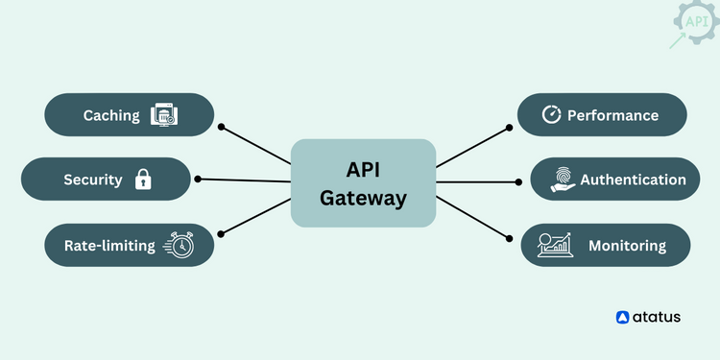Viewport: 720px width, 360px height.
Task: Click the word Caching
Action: tap(111, 116)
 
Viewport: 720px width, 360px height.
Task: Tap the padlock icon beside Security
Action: tap(143, 180)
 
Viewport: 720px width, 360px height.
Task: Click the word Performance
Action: tap(612, 115)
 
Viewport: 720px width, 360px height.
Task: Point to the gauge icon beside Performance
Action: tap(551, 115)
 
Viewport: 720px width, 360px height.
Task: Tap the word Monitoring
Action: tap(627, 246)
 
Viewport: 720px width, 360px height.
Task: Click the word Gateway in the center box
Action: tap(363, 199)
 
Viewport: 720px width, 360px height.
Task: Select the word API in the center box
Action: tap(363, 170)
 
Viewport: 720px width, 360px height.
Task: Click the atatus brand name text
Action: tap(657, 317)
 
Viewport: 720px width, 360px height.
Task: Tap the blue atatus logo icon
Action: tap(623, 317)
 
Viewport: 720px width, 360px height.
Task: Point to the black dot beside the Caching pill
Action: tap(221, 126)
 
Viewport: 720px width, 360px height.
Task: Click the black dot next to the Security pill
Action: tap(198, 179)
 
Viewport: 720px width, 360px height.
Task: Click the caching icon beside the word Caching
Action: tap(165, 116)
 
